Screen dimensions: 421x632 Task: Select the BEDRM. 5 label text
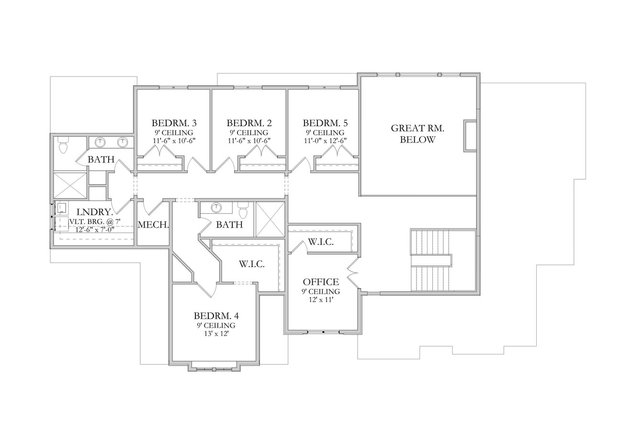tap(325, 123)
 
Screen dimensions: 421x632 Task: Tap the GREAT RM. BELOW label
tap(418, 134)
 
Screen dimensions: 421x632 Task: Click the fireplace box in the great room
tap(470, 136)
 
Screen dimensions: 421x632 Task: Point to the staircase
tap(431, 260)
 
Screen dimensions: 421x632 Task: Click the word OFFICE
tap(320, 282)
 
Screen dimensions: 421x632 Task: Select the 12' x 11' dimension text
tap(320, 300)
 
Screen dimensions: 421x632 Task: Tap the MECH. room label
tap(153, 224)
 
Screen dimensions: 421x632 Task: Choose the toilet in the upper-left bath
tap(63, 145)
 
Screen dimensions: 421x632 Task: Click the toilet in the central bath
tap(243, 210)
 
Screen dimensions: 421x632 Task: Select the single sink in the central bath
tap(216, 208)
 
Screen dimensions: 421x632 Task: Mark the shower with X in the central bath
tap(270, 219)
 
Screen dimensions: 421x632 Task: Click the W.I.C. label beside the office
tap(320, 242)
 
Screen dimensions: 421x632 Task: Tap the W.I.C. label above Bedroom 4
tap(251, 264)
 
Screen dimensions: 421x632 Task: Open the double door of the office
tap(353, 273)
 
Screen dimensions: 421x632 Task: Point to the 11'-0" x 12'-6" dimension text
tap(325, 141)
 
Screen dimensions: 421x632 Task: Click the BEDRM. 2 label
tap(248, 123)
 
